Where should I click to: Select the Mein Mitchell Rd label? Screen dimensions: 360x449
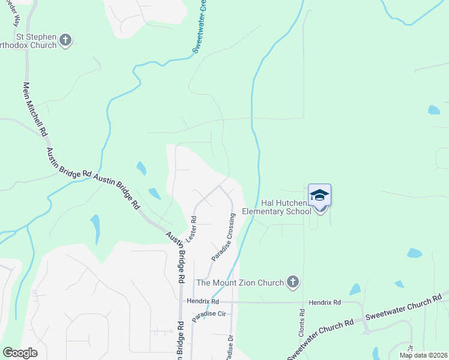(x=34, y=109)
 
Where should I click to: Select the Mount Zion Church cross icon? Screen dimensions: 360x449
(x=292, y=281)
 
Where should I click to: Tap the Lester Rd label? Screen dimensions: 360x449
(x=191, y=229)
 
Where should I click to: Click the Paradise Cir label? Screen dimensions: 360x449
(x=208, y=316)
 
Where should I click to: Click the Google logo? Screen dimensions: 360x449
(x=20, y=353)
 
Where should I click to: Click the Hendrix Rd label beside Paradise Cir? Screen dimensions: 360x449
(x=203, y=301)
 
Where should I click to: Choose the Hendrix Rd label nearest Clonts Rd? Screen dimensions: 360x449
(x=325, y=302)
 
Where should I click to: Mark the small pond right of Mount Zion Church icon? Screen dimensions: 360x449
(x=355, y=289)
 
